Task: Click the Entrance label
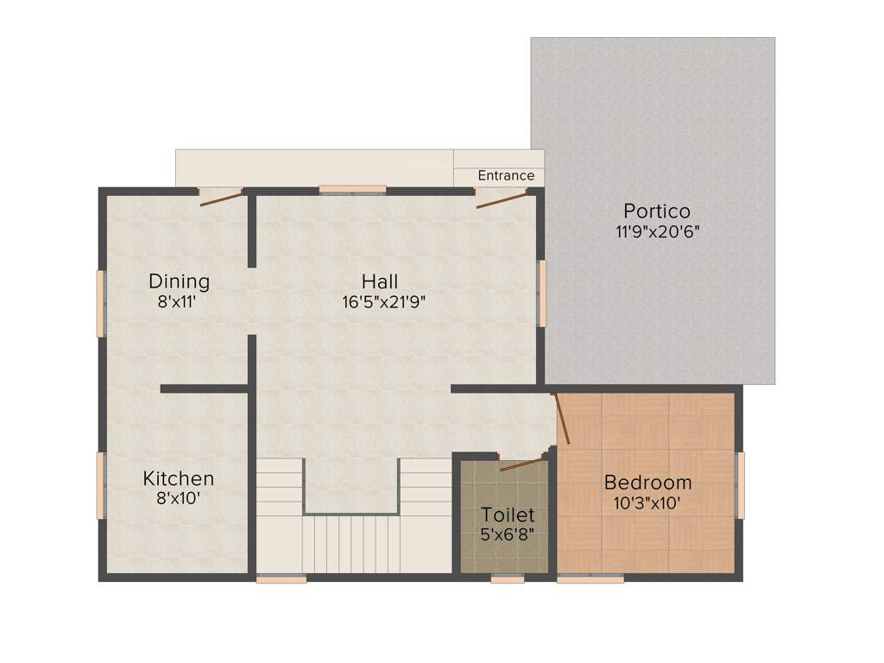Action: point(506,175)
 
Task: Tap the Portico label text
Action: point(657,211)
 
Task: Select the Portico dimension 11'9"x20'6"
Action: point(657,231)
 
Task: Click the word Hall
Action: point(380,281)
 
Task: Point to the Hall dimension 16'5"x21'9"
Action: point(383,302)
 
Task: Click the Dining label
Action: point(179,281)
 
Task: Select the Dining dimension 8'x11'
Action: point(179,302)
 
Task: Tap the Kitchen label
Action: point(179,478)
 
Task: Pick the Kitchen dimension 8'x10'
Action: point(179,498)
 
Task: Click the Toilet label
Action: point(508,515)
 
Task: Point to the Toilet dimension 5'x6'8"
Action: point(508,534)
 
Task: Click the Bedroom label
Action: point(647,483)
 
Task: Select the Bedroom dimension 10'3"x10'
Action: point(647,502)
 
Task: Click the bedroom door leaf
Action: point(561,419)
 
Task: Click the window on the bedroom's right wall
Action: point(740,485)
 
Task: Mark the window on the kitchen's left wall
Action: point(100,485)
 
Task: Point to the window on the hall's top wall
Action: point(352,189)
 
